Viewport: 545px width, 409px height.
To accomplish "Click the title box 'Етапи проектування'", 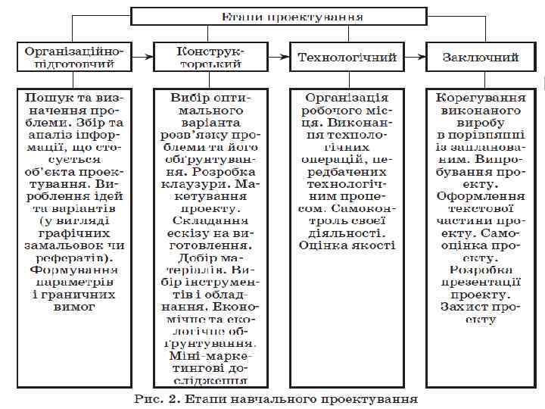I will click(x=291, y=16).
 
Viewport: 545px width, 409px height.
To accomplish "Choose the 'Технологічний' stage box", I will click(x=347, y=57).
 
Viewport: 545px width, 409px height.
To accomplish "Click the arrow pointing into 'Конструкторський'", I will click(x=144, y=57).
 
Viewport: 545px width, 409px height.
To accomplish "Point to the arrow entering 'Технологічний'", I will click(x=279, y=57).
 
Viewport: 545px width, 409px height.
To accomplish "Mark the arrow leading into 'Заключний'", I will click(x=415, y=57).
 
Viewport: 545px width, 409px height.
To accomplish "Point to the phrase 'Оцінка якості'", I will click(x=347, y=245).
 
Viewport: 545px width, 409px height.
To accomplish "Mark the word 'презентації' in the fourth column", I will click(x=481, y=282).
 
